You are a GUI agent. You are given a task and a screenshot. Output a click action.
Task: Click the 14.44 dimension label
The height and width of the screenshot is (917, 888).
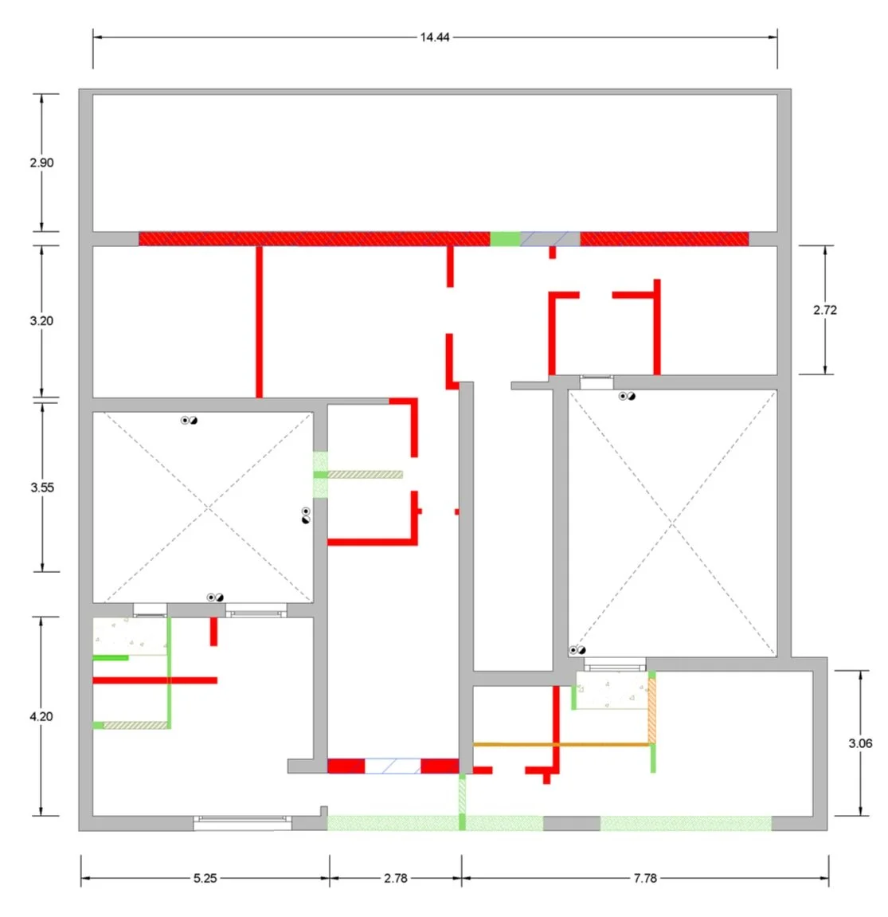[x=435, y=37]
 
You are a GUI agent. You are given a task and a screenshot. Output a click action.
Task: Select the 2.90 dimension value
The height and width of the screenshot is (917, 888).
[x=41, y=163]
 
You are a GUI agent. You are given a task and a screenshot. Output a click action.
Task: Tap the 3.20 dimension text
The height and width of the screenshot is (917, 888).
[x=41, y=320]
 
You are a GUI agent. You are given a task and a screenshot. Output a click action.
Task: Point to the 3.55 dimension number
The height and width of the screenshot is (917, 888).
[x=42, y=487]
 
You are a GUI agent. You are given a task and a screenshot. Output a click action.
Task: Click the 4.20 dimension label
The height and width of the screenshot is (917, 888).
[x=41, y=716]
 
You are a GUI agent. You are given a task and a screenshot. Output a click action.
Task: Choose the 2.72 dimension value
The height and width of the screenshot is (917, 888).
[x=825, y=310]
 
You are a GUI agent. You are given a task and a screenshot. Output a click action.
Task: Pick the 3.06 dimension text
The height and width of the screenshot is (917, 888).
[x=861, y=743]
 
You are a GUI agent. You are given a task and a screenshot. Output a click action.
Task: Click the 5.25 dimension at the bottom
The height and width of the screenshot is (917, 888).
[x=205, y=879]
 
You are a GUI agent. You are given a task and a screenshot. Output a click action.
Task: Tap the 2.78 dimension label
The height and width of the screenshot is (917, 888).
[x=396, y=879]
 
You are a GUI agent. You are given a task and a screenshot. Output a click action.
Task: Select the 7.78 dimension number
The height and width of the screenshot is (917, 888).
[x=645, y=879]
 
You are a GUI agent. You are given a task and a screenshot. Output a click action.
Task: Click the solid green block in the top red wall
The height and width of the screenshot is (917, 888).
[x=505, y=238]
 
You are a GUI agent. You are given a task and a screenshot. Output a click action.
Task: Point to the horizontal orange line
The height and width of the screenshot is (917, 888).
[x=561, y=744]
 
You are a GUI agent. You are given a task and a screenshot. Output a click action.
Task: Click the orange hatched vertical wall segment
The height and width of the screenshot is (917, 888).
[x=651, y=711]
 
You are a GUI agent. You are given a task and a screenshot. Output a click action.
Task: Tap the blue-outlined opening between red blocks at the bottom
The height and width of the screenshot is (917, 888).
[x=393, y=766]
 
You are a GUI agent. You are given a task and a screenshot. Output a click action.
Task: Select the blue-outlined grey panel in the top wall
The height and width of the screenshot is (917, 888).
[x=550, y=238]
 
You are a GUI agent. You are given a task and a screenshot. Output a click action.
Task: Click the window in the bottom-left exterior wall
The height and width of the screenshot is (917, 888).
[x=243, y=823]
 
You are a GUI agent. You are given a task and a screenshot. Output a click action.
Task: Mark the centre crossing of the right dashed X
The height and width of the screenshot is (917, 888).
[x=672, y=524]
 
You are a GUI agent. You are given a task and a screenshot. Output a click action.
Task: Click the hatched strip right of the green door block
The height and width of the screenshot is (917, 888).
[x=365, y=475]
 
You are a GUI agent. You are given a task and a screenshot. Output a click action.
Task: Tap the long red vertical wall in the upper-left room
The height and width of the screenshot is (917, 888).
[x=259, y=322]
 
